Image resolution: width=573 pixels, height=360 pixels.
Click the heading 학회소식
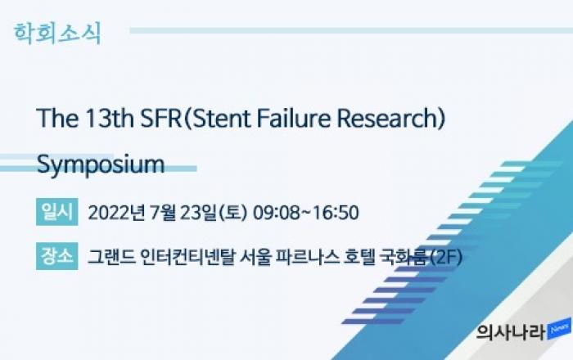point(57,34)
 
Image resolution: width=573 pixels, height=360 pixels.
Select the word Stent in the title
point(221,119)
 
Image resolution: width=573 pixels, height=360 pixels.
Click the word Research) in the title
point(391,119)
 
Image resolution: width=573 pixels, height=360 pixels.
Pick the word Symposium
point(101,165)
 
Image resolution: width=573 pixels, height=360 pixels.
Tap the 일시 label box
point(57,212)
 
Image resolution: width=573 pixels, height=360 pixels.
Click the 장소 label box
point(57,256)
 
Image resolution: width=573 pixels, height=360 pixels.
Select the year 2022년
point(116,213)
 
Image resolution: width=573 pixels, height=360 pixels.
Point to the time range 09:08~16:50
point(306,213)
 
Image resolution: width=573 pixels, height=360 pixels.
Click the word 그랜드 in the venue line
point(111,257)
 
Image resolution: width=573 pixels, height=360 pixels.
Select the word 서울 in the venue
point(255,257)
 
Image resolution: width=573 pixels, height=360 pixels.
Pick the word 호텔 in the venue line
point(360,257)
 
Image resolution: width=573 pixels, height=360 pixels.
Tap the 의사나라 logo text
point(511,332)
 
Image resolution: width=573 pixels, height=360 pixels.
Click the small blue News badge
point(559,329)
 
